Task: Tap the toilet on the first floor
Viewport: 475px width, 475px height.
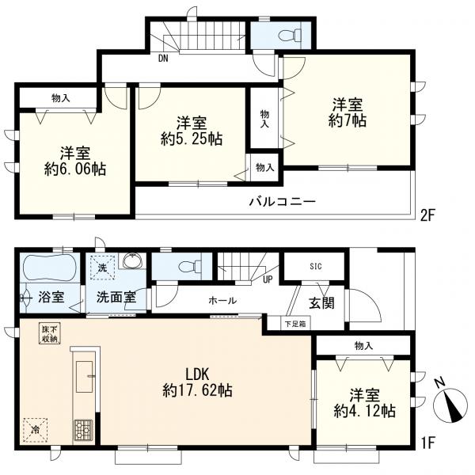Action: point(187,267)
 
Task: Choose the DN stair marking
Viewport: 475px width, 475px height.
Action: point(162,59)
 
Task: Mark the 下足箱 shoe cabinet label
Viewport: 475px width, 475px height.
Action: point(296,323)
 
